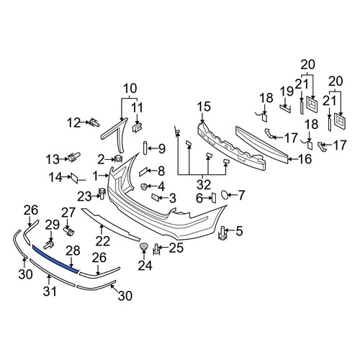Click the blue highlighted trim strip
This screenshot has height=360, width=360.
[55, 259]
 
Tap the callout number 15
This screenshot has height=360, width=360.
[204, 107]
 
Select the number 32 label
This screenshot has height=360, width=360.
[204, 185]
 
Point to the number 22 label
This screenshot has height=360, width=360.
[103, 240]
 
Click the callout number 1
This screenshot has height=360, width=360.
[96, 176]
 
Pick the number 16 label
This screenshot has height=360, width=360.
[305, 159]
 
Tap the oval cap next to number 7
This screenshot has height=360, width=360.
[225, 194]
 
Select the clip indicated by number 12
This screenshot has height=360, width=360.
[94, 123]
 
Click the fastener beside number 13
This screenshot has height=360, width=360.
[74, 158]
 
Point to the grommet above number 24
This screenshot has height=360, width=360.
[144, 246]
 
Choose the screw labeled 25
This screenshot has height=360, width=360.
[156, 249]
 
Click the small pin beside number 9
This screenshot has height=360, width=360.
[145, 148]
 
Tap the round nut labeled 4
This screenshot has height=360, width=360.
[144, 186]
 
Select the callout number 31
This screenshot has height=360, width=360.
[50, 291]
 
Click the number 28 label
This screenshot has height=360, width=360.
[73, 251]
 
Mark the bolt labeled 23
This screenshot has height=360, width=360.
[102, 194]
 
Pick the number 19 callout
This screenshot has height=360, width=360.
[287, 91]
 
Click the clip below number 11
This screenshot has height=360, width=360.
[137, 127]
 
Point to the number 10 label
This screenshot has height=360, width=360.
[130, 89]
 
